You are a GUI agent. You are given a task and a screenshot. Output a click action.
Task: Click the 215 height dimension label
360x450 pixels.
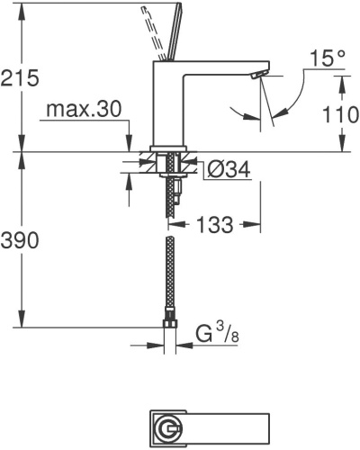(x=20, y=78)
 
